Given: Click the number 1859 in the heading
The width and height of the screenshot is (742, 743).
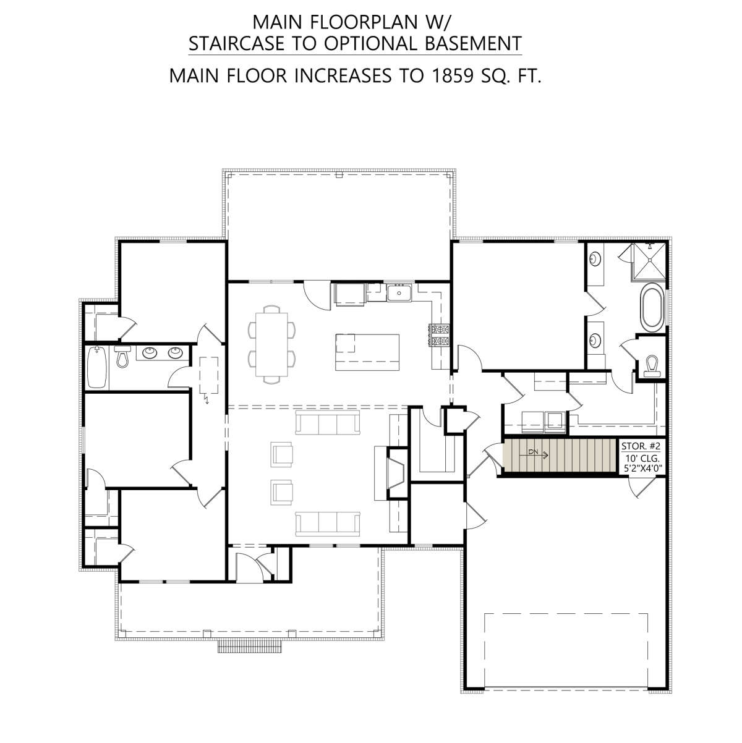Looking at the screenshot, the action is click(452, 75).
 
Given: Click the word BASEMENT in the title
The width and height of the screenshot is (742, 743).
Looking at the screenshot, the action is click(474, 43).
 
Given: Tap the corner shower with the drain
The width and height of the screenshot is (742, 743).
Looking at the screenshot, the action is click(649, 260).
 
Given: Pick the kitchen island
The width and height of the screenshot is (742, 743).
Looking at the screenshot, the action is click(367, 352).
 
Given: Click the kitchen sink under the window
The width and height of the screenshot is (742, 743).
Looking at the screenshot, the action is click(399, 292).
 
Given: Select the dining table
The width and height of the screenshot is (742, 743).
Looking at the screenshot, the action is click(271, 344).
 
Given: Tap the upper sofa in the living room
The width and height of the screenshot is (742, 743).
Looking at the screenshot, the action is click(328, 423).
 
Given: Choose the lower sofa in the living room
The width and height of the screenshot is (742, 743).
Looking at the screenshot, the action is click(328, 524).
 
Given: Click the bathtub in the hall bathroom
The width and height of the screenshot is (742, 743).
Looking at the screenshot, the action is click(97, 367).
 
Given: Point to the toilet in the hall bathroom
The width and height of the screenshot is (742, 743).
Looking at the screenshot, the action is click(122, 356).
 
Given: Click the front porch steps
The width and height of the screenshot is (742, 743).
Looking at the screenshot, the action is click(250, 646).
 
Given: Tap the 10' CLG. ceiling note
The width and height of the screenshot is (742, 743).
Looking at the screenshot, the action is click(642, 459).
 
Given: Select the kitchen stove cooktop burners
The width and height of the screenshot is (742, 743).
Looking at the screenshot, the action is click(440, 334).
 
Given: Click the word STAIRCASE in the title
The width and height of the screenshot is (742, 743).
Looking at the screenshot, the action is click(237, 43).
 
